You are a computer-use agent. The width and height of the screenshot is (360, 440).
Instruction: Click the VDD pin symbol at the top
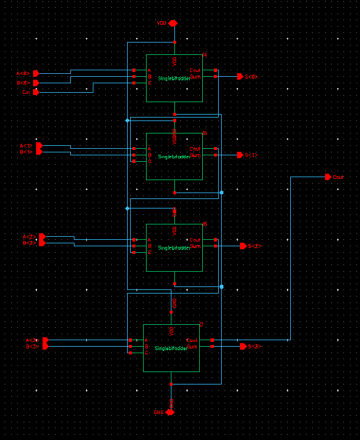(x=173, y=23)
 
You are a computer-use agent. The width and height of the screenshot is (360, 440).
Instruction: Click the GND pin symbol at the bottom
(x=170, y=412)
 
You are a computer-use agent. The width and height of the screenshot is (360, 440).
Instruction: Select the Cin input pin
(x=35, y=92)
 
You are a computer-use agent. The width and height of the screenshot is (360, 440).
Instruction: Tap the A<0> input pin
(x=35, y=73)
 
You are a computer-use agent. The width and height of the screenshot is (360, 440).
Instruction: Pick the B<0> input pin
(x=35, y=83)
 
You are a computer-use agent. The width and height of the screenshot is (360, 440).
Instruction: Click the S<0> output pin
(x=239, y=76)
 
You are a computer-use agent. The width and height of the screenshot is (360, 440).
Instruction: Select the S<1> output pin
(x=239, y=155)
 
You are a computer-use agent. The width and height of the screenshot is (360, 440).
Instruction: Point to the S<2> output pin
(x=242, y=246)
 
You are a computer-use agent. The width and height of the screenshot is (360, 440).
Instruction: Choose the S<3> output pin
(x=242, y=346)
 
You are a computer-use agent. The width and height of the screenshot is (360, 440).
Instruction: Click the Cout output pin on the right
(x=328, y=177)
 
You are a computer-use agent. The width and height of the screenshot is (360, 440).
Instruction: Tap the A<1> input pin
(x=39, y=145)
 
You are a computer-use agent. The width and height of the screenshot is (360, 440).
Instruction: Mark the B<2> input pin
(x=42, y=242)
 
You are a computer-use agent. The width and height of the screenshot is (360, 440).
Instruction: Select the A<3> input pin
(x=45, y=341)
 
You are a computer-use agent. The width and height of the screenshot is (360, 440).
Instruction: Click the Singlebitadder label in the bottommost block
(x=171, y=348)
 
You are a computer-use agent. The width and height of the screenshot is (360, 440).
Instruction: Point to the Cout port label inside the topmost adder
(x=195, y=70)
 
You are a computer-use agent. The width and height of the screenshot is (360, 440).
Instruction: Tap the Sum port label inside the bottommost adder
(x=193, y=347)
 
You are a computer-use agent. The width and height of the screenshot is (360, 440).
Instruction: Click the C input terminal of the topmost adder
(x=134, y=83)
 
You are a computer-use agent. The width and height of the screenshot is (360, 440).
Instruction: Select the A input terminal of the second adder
(x=134, y=149)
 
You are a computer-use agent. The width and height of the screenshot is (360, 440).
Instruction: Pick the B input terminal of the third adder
(x=134, y=246)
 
